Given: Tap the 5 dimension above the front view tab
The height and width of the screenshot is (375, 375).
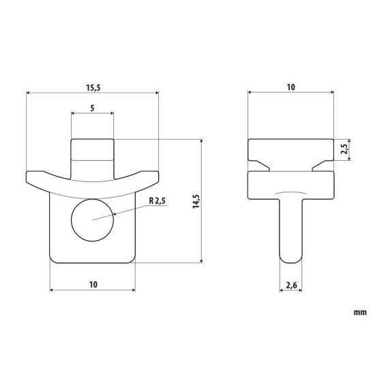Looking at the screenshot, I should point(92,108).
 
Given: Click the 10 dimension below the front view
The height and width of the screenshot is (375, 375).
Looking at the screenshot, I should point(93,283).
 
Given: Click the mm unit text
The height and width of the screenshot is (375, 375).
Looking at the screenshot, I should point(360,314).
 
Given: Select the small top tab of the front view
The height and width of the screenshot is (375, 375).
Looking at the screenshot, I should point(92,149).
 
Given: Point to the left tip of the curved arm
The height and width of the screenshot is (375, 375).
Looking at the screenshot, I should point(31,178).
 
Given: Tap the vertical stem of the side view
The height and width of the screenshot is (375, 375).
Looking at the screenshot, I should point(291,228).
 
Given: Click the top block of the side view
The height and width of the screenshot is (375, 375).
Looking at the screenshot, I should point(291,149).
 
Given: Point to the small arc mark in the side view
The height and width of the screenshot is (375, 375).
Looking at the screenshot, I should point(291,193).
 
